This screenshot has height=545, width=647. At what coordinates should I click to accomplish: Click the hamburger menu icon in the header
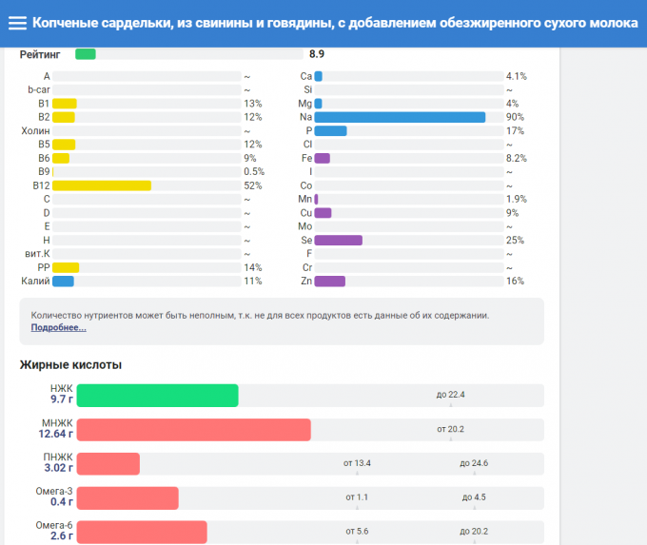coord(17,22)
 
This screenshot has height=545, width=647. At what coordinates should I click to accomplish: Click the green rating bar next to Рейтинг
coord(85,54)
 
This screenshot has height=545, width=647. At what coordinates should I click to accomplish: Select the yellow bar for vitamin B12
coord(102,185)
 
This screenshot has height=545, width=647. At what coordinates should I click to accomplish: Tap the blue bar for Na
coord(400,117)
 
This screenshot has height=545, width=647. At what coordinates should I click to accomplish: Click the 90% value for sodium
coord(516,117)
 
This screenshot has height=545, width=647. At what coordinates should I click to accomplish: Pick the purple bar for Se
coord(338,241)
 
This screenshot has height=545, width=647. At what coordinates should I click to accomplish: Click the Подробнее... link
coord(58,328)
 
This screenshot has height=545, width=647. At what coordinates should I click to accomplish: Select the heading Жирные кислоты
coord(70,365)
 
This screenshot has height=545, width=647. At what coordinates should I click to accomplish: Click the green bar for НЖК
coord(157,396)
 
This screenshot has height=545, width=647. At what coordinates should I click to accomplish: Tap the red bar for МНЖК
coord(193,430)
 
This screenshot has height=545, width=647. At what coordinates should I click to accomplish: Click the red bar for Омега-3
coord(127,498)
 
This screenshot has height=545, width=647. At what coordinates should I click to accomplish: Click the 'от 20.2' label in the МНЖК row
coord(450,429)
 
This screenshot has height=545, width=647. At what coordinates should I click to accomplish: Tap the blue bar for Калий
coord(63,282)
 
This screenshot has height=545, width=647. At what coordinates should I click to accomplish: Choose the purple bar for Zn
coord(329,282)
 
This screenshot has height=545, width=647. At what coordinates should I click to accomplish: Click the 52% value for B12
coord(253,185)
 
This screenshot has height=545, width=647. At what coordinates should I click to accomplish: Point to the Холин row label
coord(35,131)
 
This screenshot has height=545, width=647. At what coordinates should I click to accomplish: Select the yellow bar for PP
coord(66,268)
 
